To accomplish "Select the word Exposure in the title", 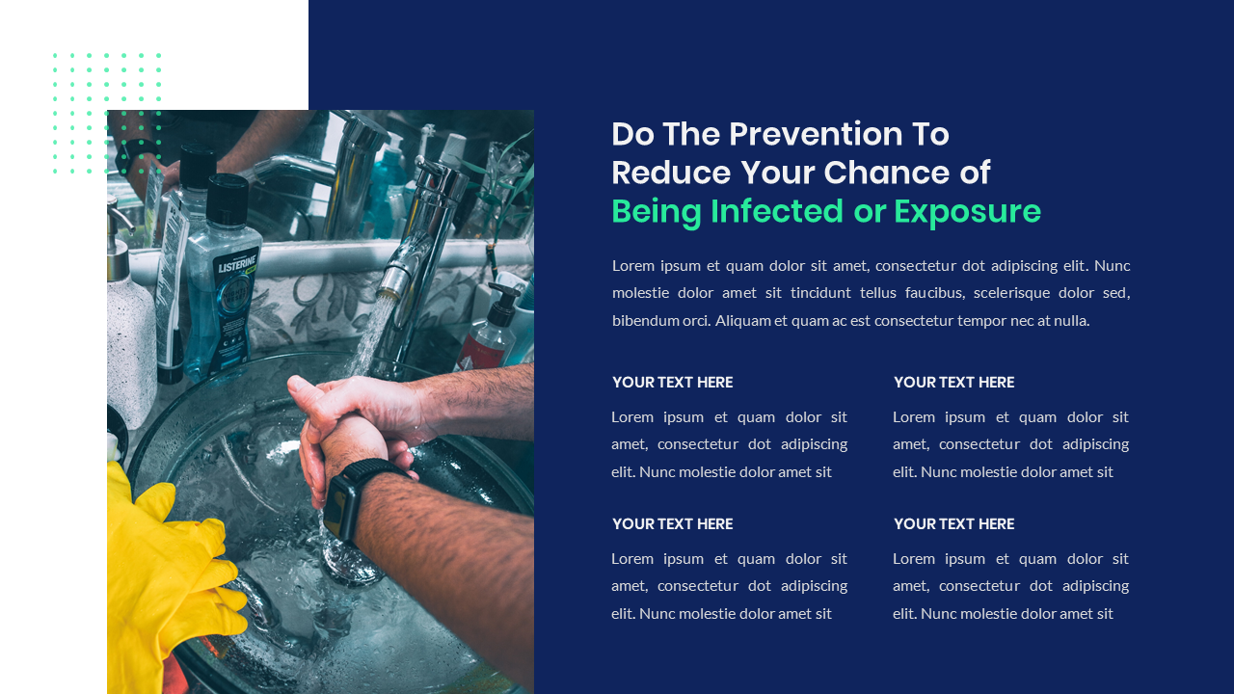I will click(967, 211).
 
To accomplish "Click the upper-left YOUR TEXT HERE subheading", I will click(672, 383).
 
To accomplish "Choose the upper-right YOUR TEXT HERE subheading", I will click(953, 383).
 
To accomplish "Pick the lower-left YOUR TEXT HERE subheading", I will click(672, 524).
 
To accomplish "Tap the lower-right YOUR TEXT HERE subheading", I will click(953, 524).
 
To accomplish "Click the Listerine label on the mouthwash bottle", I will click(236, 264).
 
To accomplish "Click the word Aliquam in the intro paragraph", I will click(743, 321).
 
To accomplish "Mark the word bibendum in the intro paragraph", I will click(645, 321).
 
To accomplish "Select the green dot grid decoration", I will click(107, 113).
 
